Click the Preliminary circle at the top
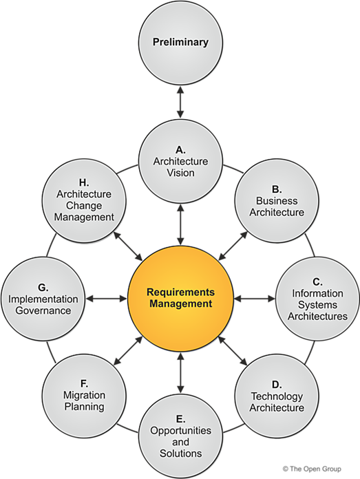[180, 43]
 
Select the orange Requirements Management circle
[180, 297]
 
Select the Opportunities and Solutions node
[180, 436]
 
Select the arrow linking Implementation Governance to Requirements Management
[107, 299]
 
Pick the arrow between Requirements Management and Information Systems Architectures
[253, 299]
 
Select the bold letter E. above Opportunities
[180, 418]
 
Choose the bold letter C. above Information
[317, 281]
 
